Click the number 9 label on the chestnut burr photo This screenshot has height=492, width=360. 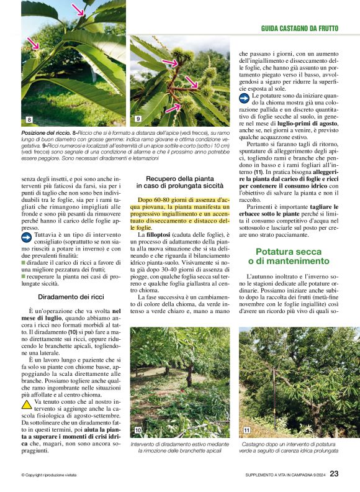138,119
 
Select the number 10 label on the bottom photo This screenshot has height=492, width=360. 138,430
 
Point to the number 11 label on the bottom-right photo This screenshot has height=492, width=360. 247,430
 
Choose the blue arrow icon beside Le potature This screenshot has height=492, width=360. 244,98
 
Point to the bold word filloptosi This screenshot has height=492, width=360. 158,234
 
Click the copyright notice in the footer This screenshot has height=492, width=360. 49,476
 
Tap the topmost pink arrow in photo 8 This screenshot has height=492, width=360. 78,9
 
